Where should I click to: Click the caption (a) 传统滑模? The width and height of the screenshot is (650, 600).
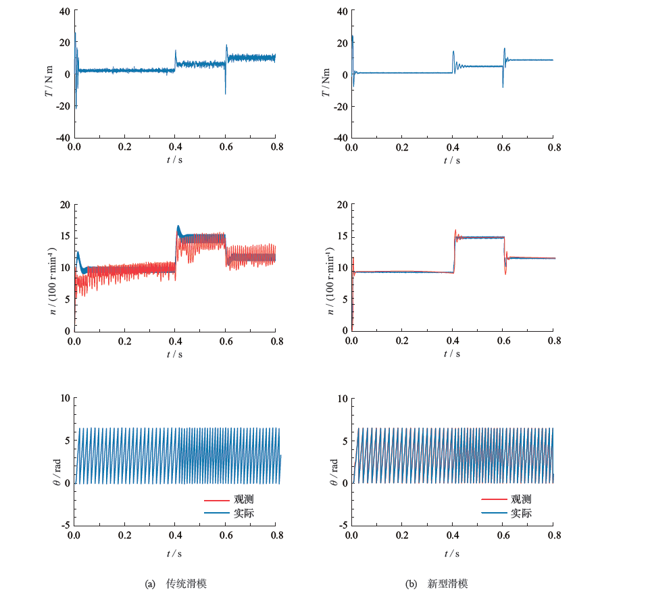180,584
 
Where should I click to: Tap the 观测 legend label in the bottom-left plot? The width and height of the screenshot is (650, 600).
244,499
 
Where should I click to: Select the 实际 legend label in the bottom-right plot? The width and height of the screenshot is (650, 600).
521,513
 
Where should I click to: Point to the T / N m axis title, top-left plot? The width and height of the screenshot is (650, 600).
49,74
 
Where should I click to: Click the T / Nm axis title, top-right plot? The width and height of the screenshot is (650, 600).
326,74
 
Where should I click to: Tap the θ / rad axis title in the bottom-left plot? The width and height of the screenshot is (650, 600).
49,462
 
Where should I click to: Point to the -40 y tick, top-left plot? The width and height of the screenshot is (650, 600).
61,137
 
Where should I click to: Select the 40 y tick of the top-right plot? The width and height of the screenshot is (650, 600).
341,11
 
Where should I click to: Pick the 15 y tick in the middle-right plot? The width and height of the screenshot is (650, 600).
341,236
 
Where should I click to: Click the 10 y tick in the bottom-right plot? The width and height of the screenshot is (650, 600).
341,399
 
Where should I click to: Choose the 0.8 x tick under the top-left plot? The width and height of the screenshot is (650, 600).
275,147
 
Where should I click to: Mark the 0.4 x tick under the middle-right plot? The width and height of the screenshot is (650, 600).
452,341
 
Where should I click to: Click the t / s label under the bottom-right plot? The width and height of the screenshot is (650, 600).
452,554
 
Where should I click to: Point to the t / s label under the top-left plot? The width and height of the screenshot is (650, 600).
175,160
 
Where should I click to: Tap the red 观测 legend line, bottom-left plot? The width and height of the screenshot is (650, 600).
216,500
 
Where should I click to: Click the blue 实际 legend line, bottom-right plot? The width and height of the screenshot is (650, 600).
493,513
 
